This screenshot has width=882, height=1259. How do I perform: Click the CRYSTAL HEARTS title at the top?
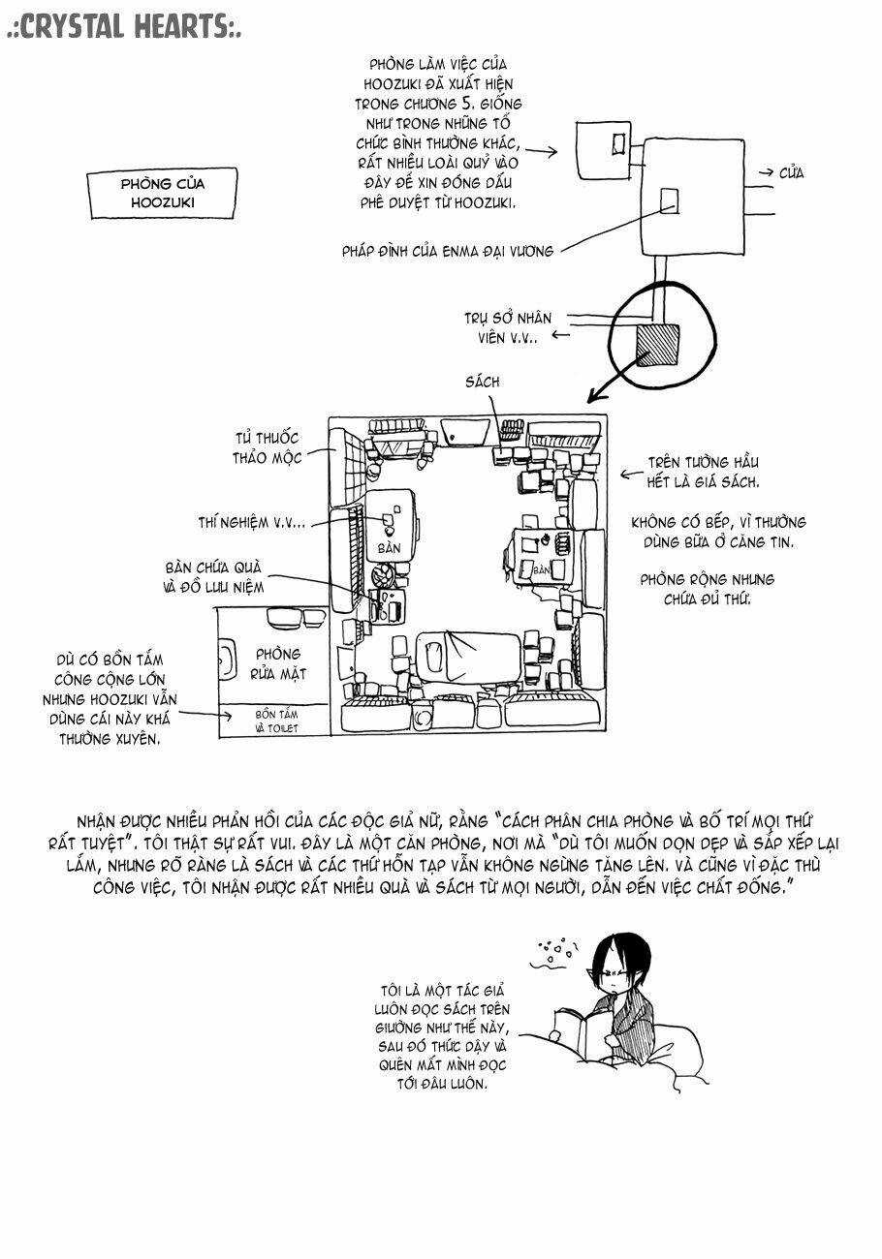123,27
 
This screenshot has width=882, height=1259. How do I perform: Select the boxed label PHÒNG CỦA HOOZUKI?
163,193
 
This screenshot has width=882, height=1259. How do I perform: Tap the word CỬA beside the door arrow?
791,173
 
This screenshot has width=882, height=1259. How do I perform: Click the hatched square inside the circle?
657,344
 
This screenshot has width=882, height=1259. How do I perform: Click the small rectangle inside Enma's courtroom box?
669,200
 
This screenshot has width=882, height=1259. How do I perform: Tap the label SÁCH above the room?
482,382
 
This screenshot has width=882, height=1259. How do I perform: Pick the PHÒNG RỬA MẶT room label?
277,663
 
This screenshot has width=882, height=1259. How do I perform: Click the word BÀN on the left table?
389,548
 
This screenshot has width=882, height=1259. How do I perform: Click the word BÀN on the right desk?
541,570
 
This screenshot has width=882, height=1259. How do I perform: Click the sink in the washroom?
226,661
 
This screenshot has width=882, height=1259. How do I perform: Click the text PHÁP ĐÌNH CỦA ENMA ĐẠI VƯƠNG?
448,251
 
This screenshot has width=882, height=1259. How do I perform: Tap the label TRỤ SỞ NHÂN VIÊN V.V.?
514,326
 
